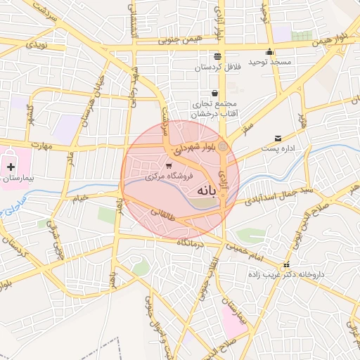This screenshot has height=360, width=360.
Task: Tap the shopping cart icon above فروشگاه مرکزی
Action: pyautogui.click(x=167, y=166)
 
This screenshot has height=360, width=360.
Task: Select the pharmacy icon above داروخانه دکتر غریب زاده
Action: pyautogui.click(x=285, y=265)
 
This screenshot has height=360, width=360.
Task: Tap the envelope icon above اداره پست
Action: pyautogui.click(x=278, y=138)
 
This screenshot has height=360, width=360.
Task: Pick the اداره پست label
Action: pyautogui.click(x=278, y=149)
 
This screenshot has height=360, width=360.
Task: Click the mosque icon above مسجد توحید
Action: pyautogui.click(x=269, y=51)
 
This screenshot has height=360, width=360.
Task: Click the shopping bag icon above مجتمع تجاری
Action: pyautogui.click(x=214, y=93)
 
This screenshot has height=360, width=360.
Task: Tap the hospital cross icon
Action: pyautogui.click(x=11, y=167)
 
